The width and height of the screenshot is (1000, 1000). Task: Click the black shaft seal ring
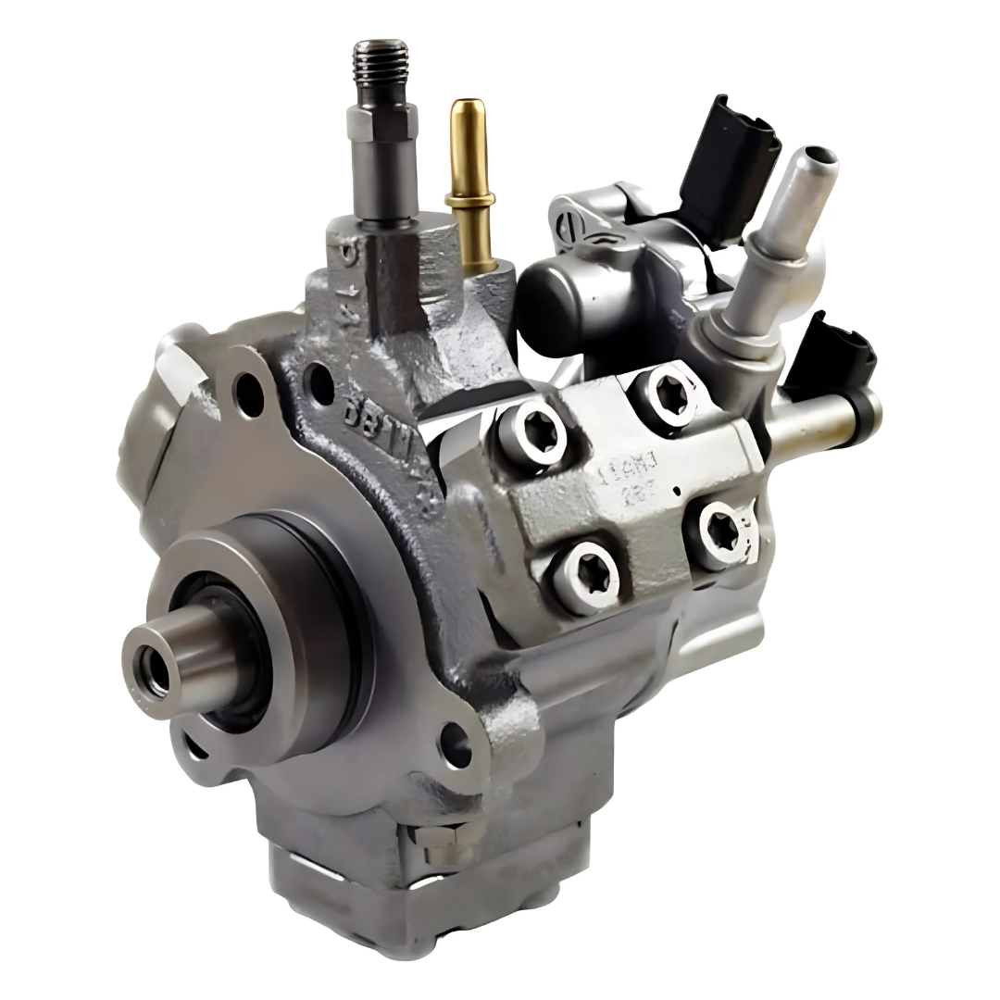tap(218, 648)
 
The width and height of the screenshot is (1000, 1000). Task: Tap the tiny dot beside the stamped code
tap(678, 491)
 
